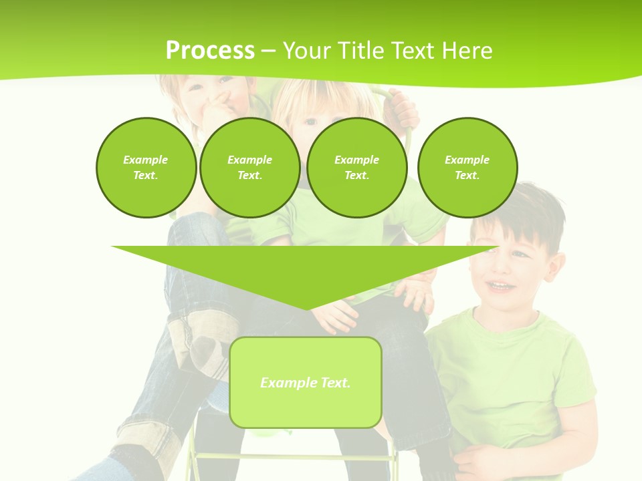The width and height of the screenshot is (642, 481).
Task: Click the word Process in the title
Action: click(x=210, y=51)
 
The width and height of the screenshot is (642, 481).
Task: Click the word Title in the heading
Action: click(x=358, y=51)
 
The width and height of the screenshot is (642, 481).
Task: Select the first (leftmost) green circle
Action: click(x=146, y=167)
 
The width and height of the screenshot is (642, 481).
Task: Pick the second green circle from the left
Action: click(x=249, y=167)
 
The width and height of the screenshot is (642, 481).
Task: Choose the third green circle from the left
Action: click(x=356, y=167)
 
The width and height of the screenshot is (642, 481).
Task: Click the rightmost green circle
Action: click(x=467, y=167)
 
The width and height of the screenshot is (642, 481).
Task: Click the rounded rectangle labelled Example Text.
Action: click(x=305, y=382)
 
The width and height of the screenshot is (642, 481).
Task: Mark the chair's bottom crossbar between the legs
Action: click(x=294, y=458)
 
